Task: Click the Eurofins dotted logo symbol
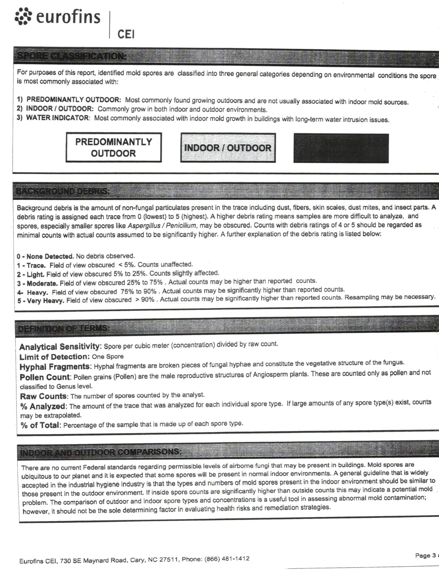23,17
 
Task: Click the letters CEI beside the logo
126,34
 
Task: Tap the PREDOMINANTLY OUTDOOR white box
113,147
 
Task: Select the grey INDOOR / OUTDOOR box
228,148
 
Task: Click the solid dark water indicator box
341,148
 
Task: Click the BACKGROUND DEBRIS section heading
63,191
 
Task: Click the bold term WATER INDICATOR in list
57,118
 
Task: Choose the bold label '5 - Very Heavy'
41,301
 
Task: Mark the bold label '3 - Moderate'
37,283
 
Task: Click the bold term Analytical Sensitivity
60,347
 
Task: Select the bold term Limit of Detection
54,357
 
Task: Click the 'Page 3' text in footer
425,556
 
